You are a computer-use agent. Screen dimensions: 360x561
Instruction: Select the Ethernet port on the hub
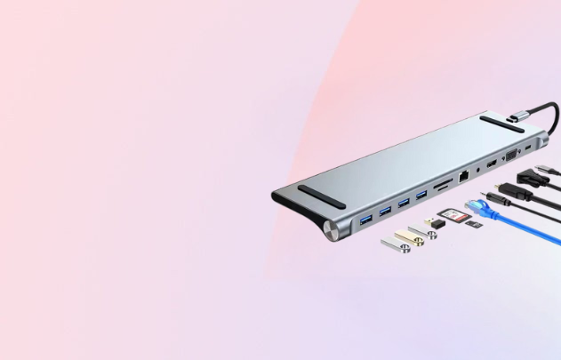coord(464,176)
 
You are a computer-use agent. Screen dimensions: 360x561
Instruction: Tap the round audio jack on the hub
coord(479,169)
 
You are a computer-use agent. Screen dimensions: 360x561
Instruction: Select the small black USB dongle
coord(429,219)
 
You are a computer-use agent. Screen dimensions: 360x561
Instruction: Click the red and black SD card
coord(452,214)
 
